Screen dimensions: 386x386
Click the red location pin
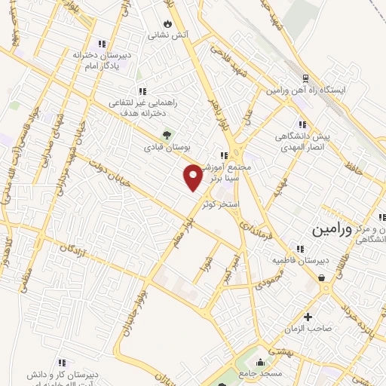coord(193,176)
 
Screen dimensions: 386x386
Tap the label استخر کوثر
coord(221,204)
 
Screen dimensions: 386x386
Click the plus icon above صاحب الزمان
coord(307,317)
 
